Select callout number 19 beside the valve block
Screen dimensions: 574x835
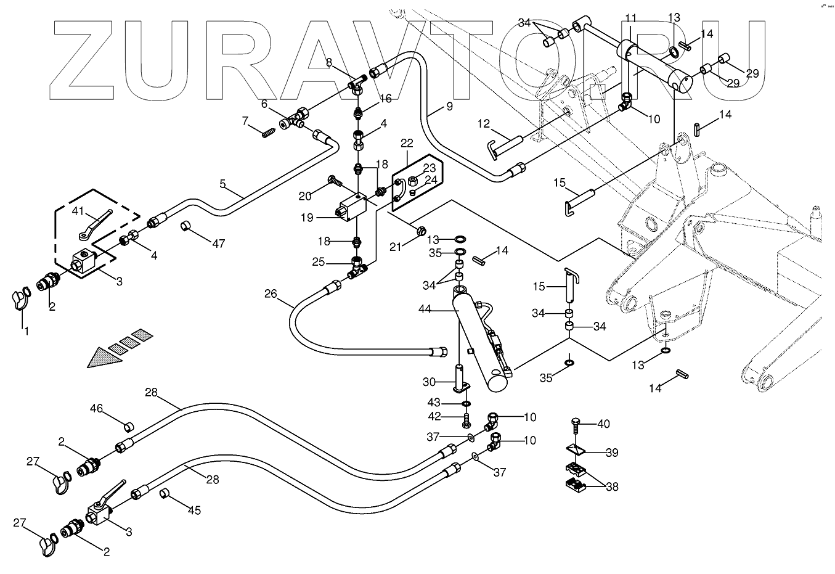(x=308, y=218)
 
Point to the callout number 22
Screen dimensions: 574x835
(x=407, y=143)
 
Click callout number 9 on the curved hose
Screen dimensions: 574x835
(x=449, y=105)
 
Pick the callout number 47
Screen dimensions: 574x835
(x=218, y=244)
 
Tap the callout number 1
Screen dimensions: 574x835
(x=26, y=331)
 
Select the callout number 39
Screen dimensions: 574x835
(x=611, y=453)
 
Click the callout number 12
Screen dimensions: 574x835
(x=483, y=125)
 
